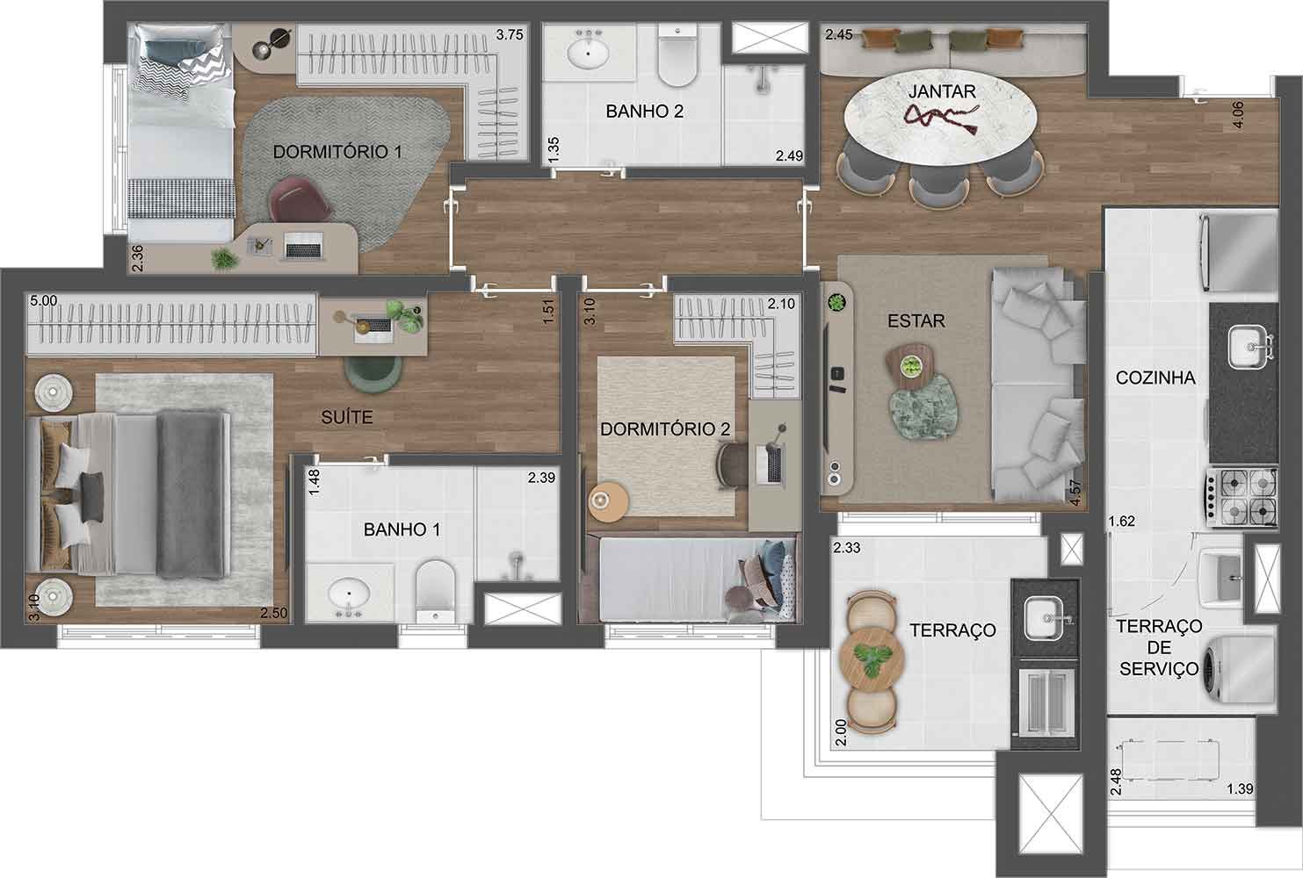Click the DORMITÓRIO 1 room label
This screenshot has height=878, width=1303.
(337, 152)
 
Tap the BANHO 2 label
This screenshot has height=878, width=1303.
(644, 112)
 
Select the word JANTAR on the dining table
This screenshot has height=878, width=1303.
(942, 90)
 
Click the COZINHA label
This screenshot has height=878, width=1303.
(1155, 378)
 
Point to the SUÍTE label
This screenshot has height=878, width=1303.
(347, 418)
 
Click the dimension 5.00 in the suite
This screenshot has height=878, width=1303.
(43, 300)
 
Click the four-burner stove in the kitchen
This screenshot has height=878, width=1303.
(1244, 497)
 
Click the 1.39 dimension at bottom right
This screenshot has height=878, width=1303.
(1239, 788)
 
